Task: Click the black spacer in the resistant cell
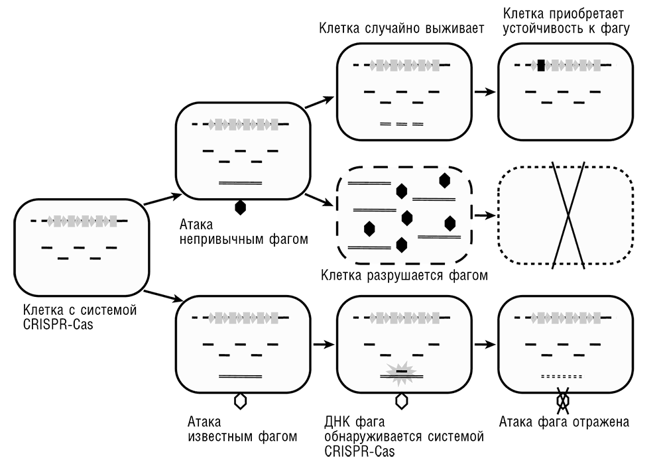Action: tap(541, 66)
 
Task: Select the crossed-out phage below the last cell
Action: tap(563, 400)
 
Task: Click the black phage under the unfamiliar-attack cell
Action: tap(240, 207)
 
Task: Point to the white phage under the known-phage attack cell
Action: tap(240, 401)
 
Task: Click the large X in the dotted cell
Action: tap(569, 215)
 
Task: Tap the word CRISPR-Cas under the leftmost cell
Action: tap(58, 325)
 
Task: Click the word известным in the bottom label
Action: tap(221, 436)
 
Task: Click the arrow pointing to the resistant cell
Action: tap(485, 91)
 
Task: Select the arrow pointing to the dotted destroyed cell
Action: tap(485, 215)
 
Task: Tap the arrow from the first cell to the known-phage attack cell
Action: tap(163, 296)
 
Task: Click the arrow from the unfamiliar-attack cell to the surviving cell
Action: tap(320, 102)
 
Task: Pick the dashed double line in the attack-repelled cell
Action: tap(562, 377)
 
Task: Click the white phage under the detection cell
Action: tap(402, 401)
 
